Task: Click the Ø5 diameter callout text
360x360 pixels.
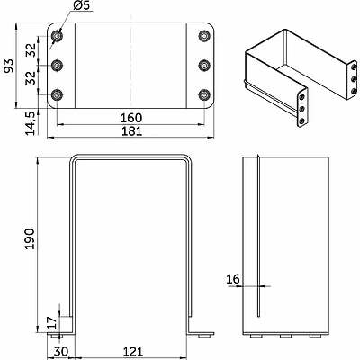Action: click(81, 5)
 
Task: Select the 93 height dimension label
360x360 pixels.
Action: click(9, 66)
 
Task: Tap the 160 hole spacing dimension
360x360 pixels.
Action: click(131, 118)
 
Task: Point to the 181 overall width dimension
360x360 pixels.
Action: click(131, 131)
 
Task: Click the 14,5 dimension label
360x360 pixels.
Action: click(31, 122)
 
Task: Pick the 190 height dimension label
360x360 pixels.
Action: click(30, 238)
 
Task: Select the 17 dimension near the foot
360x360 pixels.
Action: click(53, 323)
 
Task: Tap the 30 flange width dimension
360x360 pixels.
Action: click(61, 352)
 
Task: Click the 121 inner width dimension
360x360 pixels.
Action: click(132, 352)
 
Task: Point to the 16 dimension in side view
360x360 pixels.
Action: click(233, 279)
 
